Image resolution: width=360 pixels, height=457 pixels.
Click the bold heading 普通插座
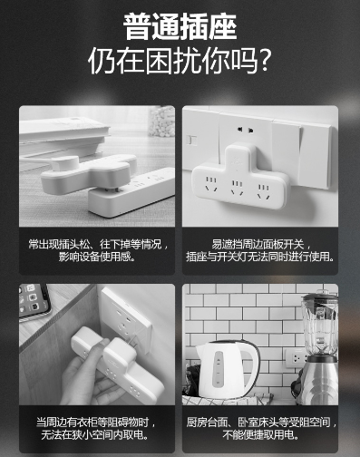pyautogui.click(x=180, y=26)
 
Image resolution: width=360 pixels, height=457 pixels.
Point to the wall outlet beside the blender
pyautogui.click(x=296, y=358)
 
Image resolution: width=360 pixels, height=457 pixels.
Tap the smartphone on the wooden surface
pyautogui.click(x=34, y=300)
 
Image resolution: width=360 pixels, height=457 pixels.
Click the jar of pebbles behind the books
pyautogui.click(x=162, y=121)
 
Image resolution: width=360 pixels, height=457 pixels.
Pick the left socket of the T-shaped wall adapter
pyautogui.click(x=211, y=184)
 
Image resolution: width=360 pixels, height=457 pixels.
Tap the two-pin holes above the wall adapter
pyautogui.click(x=245, y=130)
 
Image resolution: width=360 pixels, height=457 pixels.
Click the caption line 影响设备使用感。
pyautogui.click(x=97, y=257)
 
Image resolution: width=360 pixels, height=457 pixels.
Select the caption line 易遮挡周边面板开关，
pyautogui.click(x=261, y=244)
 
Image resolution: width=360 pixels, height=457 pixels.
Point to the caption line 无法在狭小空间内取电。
pyautogui.click(x=95, y=434)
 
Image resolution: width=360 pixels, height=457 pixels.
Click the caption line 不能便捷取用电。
pyautogui.click(x=260, y=434)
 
